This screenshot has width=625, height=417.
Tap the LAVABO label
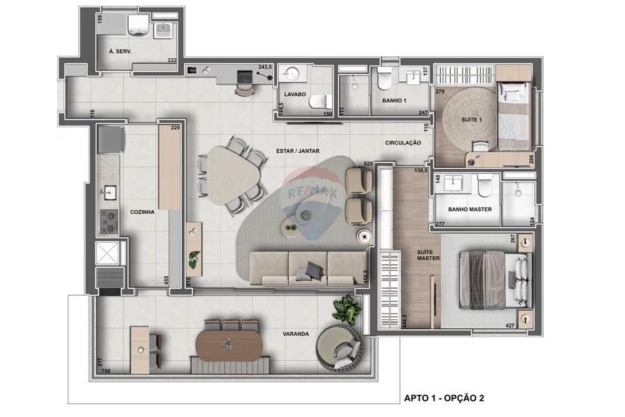pyautogui.click(x=295, y=94)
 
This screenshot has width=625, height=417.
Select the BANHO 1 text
pyautogui.click(x=394, y=100)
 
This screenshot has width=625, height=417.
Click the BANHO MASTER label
pyautogui.click(x=470, y=209)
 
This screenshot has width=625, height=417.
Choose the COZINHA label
pyautogui.click(x=142, y=212)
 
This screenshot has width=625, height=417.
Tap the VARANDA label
pyautogui.click(x=296, y=334)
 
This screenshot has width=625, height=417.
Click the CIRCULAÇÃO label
pyautogui.click(x=402, y=143)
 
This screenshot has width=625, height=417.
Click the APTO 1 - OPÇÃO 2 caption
pyautogui.click(x=444, y=398)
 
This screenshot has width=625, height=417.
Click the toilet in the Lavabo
pyautogui.click(x=320, y=101)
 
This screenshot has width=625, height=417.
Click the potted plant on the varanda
pyautogui.click(x=346, y=309)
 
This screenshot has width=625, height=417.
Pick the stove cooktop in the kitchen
pyautogui.click(x=108, y=220)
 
